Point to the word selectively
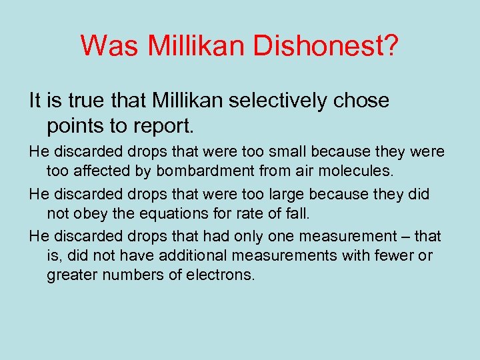(277, 101)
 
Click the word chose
(362, 101)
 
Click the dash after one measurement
(402, 237)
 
